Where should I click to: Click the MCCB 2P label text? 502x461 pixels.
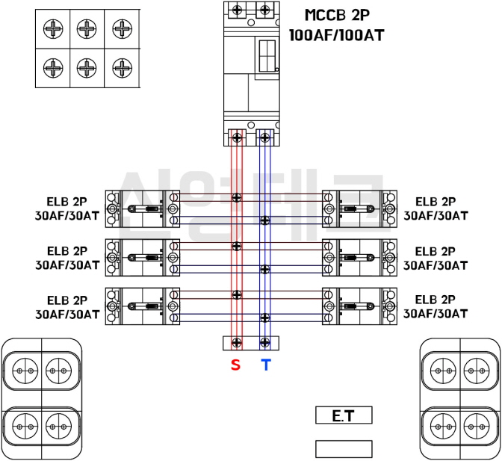tap(338, 15)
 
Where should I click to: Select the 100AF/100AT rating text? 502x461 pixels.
tap(337, 34)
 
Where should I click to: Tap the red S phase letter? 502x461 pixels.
tap(236, 365)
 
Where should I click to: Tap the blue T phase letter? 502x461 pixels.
tap(265, 365)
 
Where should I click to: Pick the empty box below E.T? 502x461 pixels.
tap(344, 448)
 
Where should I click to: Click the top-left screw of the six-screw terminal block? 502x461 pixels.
tap(53, 29)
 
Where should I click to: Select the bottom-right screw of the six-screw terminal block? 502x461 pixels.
tap(122, 67)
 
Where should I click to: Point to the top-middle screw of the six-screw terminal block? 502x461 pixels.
tap(87, 29)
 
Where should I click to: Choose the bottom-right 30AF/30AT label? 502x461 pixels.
tap(436, 314)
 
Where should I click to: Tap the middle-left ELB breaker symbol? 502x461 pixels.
tap(143, 258)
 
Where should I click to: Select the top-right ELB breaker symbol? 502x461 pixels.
tap(359, 208)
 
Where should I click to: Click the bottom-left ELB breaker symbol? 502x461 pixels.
tap(143, 306)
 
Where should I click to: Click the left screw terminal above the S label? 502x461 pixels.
tap(237, 342)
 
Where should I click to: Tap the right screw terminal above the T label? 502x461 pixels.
tap(264, 342)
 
